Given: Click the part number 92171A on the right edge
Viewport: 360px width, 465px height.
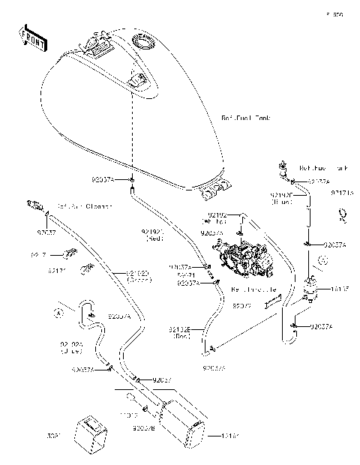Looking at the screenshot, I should tap(341, 193).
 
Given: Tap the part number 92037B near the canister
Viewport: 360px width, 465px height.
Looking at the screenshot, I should tap(144, 427).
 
